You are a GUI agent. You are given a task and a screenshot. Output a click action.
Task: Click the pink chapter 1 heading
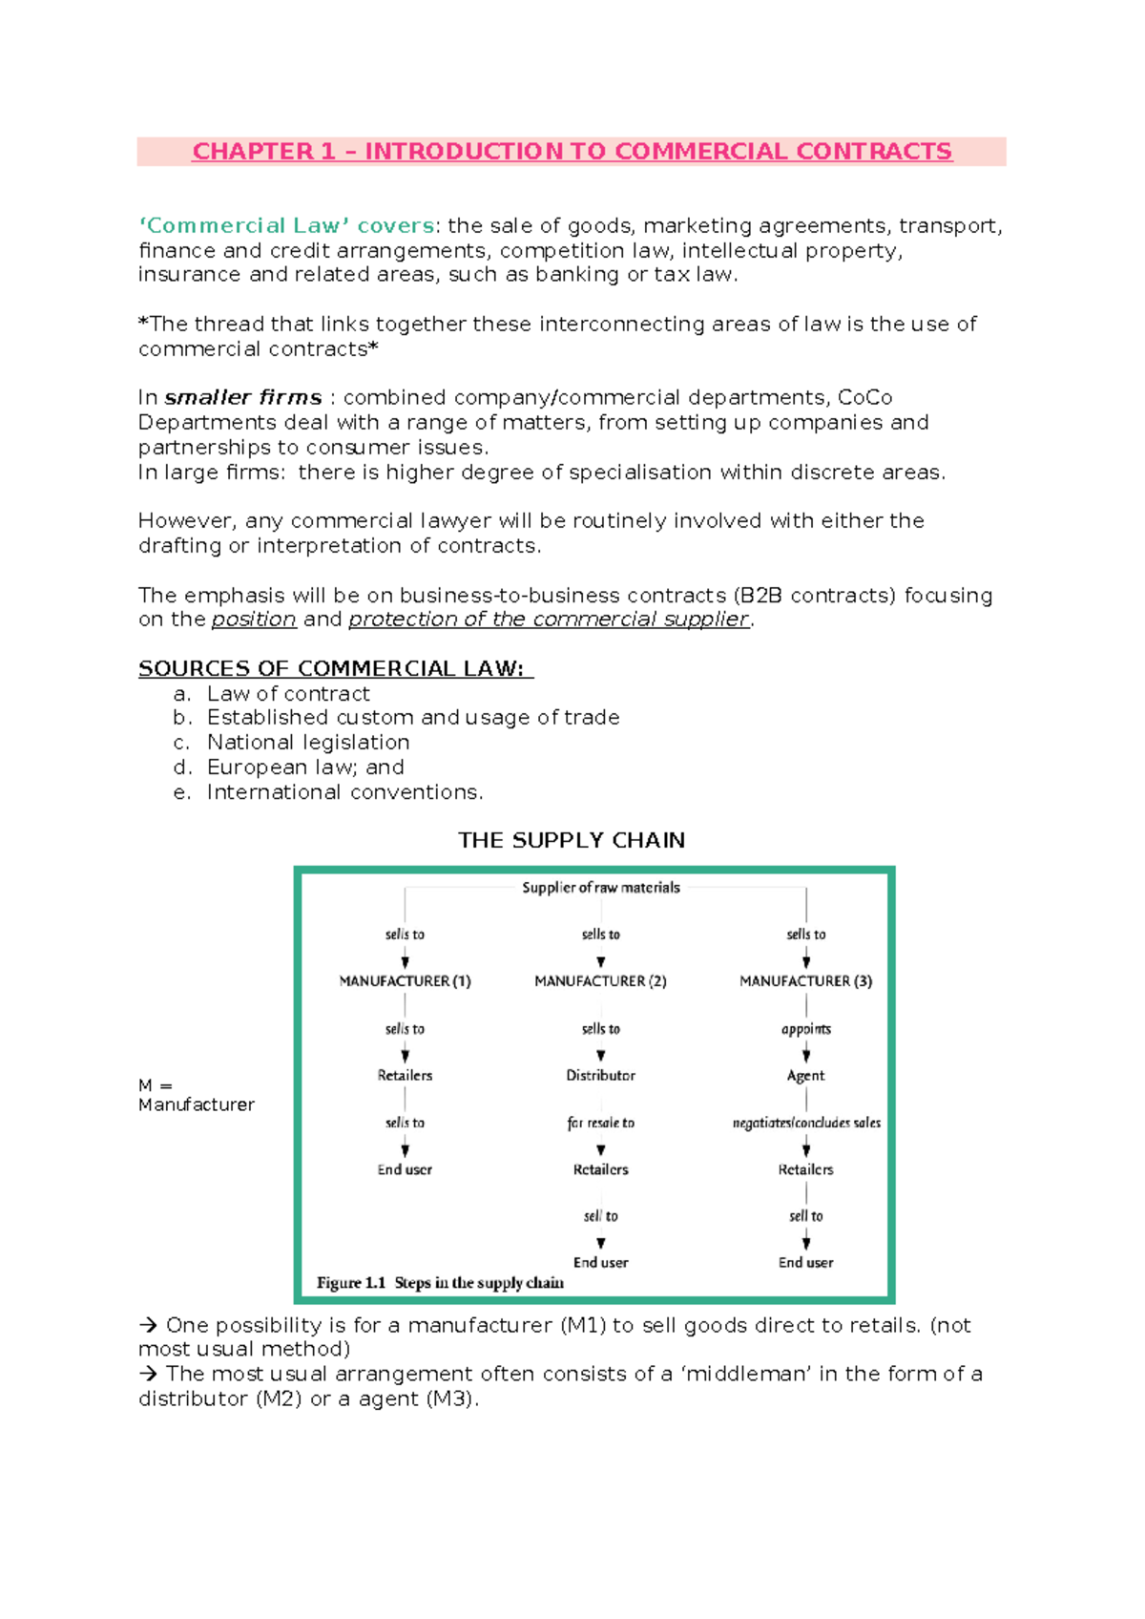[x=572, y=152]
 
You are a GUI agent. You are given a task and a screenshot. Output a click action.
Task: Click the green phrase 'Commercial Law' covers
[x=286, y=226]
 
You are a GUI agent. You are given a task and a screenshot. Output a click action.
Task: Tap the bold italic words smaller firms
[x=243, y=397]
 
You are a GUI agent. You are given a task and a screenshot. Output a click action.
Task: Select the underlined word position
[x=254, y=620]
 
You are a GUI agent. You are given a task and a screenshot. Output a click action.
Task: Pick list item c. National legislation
[x=307, y=743]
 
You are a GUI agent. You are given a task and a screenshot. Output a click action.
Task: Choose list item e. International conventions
[x=344, y=792]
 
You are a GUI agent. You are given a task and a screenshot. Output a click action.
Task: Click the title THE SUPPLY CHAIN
[x=571, y=840]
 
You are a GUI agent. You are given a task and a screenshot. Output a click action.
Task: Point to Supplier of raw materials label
[x=600, y=888]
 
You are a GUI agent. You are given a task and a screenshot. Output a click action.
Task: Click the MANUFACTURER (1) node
[x=405, y=981]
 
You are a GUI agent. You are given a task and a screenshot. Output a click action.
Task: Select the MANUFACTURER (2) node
[x=600, y=981]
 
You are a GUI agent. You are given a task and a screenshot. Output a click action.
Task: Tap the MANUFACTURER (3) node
[x=805, y=981]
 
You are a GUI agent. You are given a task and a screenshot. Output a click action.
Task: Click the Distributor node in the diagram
[x=600, y=1076]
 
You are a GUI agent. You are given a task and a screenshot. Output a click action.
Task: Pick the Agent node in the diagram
[x=805, y=1076]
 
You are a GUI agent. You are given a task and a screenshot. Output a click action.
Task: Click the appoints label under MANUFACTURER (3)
[x=805, y=1029]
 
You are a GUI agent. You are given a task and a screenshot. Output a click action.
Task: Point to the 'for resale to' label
[x=600, y=1123]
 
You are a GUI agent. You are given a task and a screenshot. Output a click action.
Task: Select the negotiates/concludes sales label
[x=806, y=1123]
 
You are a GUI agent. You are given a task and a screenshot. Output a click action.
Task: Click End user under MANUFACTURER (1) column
[x=405, y=1169]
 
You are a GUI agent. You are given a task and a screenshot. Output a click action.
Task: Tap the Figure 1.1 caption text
[x=440, y=1283]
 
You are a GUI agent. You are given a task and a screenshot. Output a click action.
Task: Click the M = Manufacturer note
[x=196, y=1095]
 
